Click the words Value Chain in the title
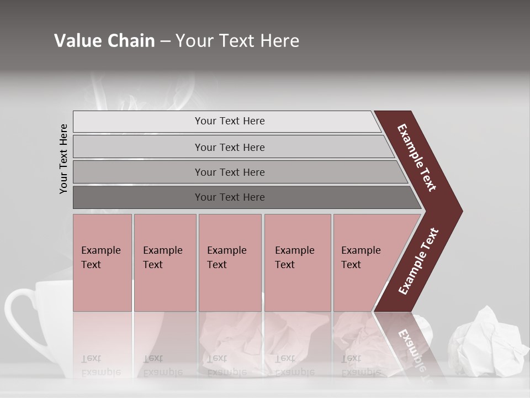(104, 41)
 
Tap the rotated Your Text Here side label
(64, 159)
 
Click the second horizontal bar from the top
(230, 147)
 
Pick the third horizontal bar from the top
(230, 172)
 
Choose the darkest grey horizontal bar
(230, 197)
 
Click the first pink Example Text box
(102, 263)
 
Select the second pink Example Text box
(165, 263)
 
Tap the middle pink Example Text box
(230, 263)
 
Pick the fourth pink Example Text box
(298, 263)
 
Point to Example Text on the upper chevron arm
(417, 158)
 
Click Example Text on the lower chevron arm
(418, 261)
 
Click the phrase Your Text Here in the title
(237, 41)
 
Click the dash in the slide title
(165, 41)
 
